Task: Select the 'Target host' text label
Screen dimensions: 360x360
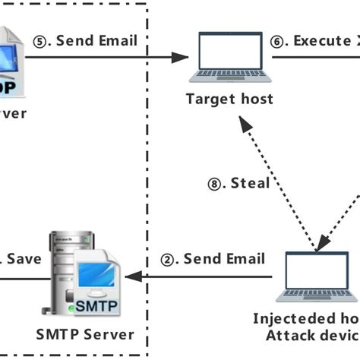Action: (229, 98)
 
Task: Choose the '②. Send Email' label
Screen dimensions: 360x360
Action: (213, 259)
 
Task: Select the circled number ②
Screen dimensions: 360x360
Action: (168, 259)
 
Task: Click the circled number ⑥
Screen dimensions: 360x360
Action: (279, 40)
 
